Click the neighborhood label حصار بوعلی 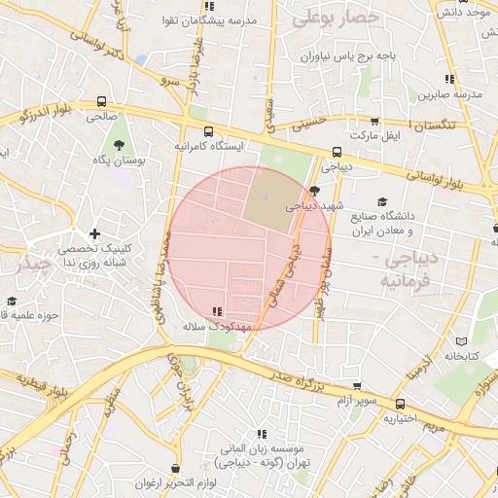point(332,17)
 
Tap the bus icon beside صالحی point(102,100)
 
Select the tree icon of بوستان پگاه point(119,145)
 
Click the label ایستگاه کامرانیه point(208,145)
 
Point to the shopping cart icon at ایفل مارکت point(374,123)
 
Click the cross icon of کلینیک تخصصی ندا point(94,233)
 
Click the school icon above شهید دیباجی point(313,192)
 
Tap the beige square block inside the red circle point(267,199)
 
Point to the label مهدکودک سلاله point(217,327)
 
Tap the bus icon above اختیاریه point(400,404)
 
